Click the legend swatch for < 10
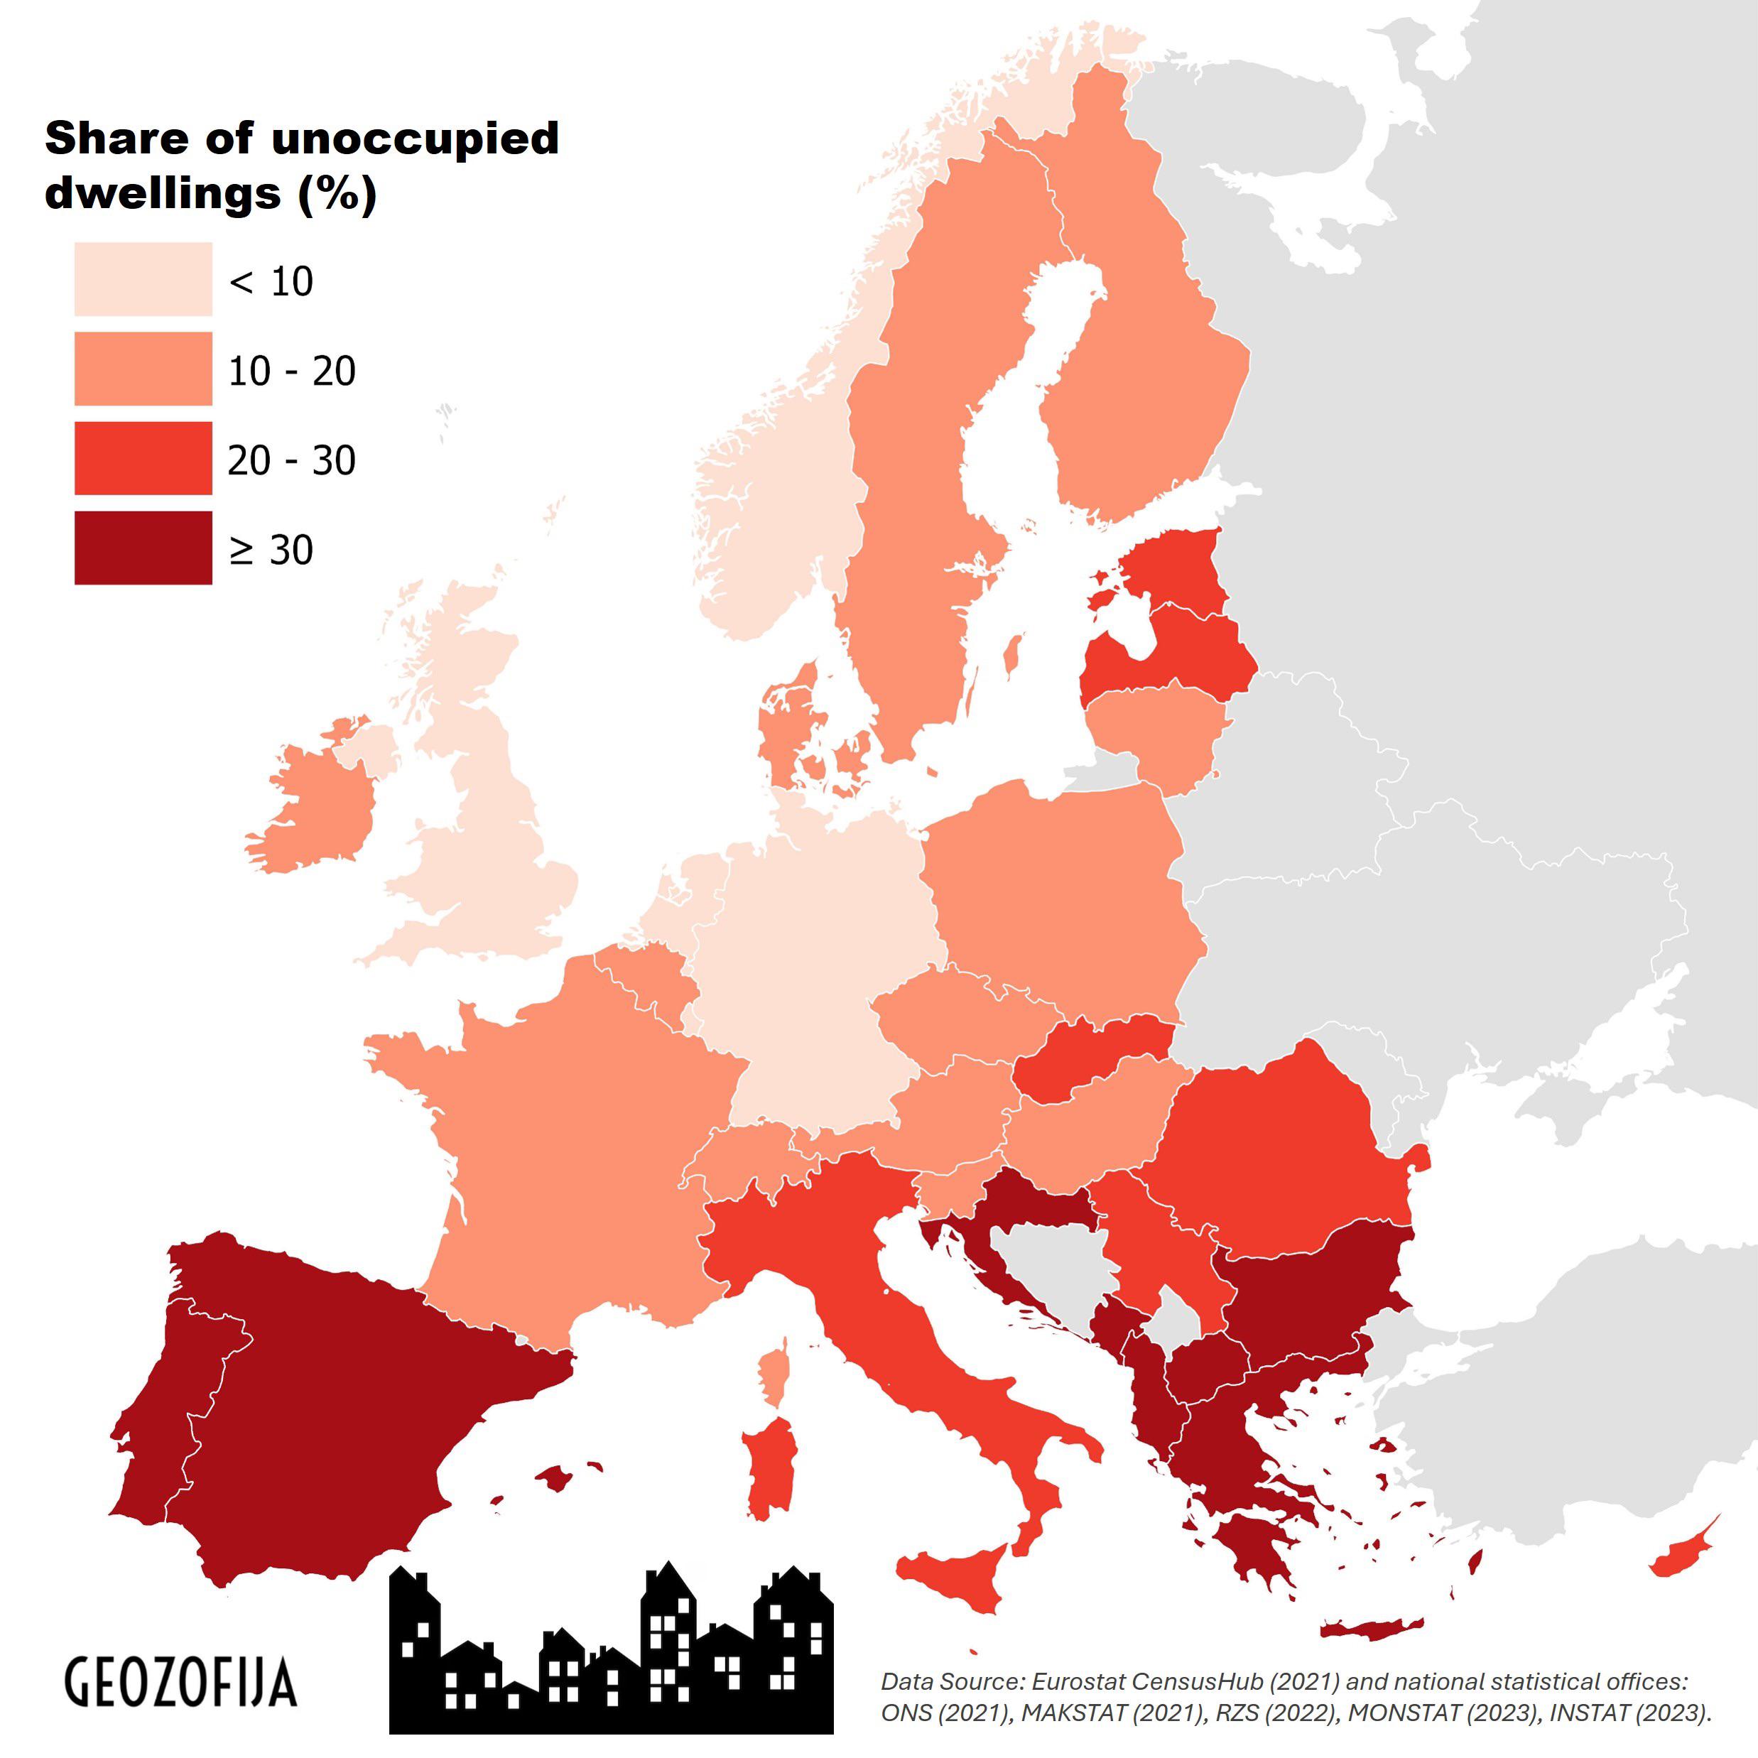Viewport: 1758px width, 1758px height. coord(143,278)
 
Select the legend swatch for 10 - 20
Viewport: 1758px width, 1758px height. coord(143,369)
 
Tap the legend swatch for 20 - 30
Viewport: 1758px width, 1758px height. coord(143,457)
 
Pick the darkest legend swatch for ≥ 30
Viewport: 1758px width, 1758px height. coord(143,547)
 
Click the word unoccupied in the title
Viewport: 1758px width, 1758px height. coord(414,139)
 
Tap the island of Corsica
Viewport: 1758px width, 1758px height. coord(774,1379)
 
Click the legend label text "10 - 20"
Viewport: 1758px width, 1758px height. coord(291,370)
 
